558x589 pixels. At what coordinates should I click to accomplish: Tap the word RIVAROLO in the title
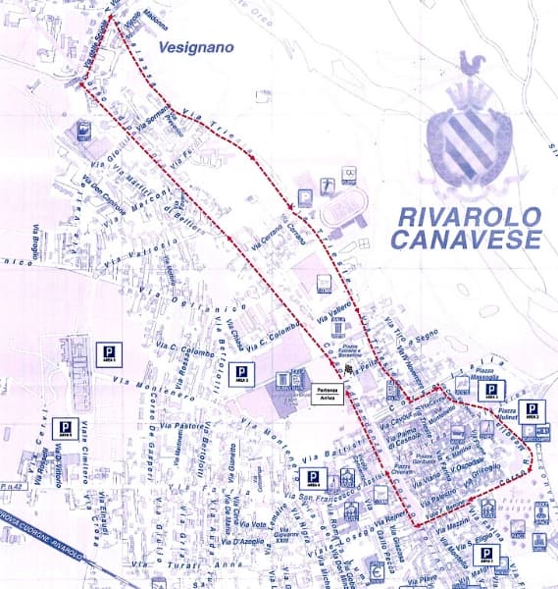coord(467,217)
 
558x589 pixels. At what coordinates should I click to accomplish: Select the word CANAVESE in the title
coord(467,240)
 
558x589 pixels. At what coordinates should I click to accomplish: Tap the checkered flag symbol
coord(346,369)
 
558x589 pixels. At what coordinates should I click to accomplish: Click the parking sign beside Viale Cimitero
coord(66,428)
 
